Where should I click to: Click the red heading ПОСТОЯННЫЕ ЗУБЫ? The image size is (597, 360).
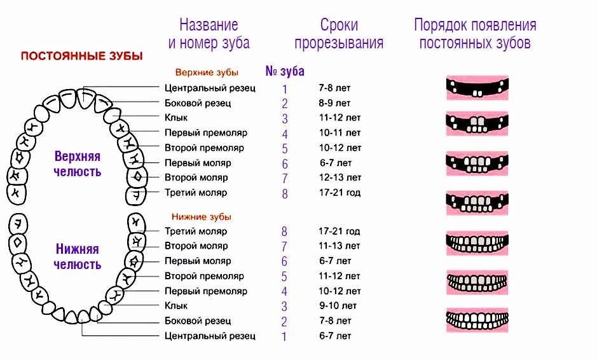coord(82,55)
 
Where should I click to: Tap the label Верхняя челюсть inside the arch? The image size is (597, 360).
coord(78,164)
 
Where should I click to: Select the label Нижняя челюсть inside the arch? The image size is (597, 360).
coord(78,257)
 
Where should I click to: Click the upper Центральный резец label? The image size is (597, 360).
coord(210,88)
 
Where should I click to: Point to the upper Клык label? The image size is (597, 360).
coord(176,118)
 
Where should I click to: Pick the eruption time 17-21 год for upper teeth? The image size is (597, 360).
coord(340,192)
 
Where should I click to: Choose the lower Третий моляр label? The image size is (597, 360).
coord(196,231)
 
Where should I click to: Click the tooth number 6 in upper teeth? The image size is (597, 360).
coord(285,164)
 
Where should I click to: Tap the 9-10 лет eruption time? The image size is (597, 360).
coord(335,306)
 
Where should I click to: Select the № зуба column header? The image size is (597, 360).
coord(284,71)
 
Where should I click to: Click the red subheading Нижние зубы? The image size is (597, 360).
coord(202,216)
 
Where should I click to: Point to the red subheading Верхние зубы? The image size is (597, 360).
coord(206,73)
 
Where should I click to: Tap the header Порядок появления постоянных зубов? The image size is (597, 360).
coord(475,34)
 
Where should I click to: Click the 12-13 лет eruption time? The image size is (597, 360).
coord(340,177)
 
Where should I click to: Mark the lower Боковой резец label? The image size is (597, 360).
coord(198,321)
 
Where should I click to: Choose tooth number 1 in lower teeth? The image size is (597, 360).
coord(284,336)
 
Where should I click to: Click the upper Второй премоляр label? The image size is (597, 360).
coord(204,148)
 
